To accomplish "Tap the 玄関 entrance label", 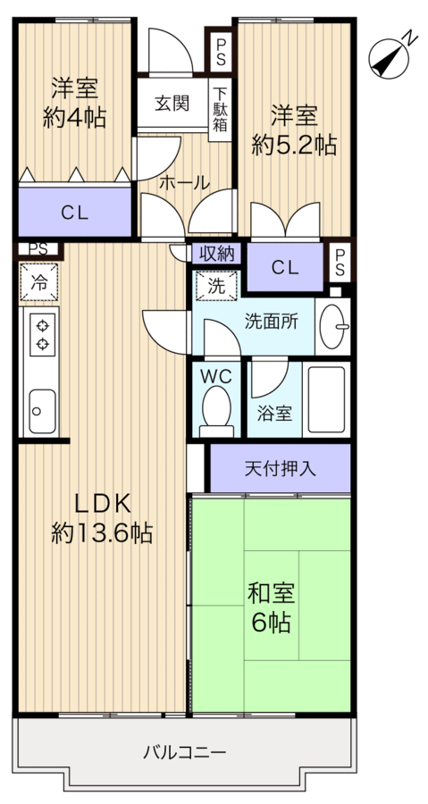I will [x=171, y=103].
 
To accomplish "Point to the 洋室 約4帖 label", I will [x=74, y=104].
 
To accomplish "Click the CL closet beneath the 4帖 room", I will [x=74, y=213].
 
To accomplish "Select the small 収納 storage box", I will [x=216, y=253].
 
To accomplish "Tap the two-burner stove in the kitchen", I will [x=41, y=334].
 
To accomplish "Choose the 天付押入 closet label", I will [x=280, y=466].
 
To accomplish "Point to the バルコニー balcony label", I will [x=185, y=750].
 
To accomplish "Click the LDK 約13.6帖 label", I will [x=101, y=519].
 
